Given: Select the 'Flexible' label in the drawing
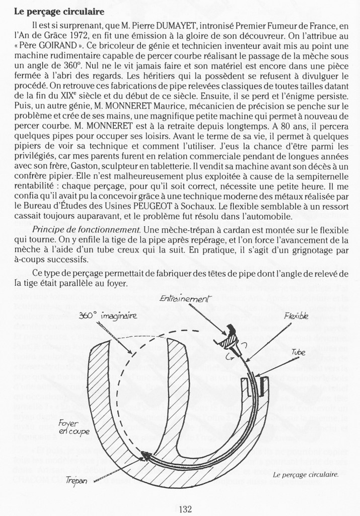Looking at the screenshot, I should point(296,318).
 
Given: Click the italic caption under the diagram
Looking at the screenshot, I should point(304,474).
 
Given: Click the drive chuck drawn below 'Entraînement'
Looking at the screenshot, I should point(233,339).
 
